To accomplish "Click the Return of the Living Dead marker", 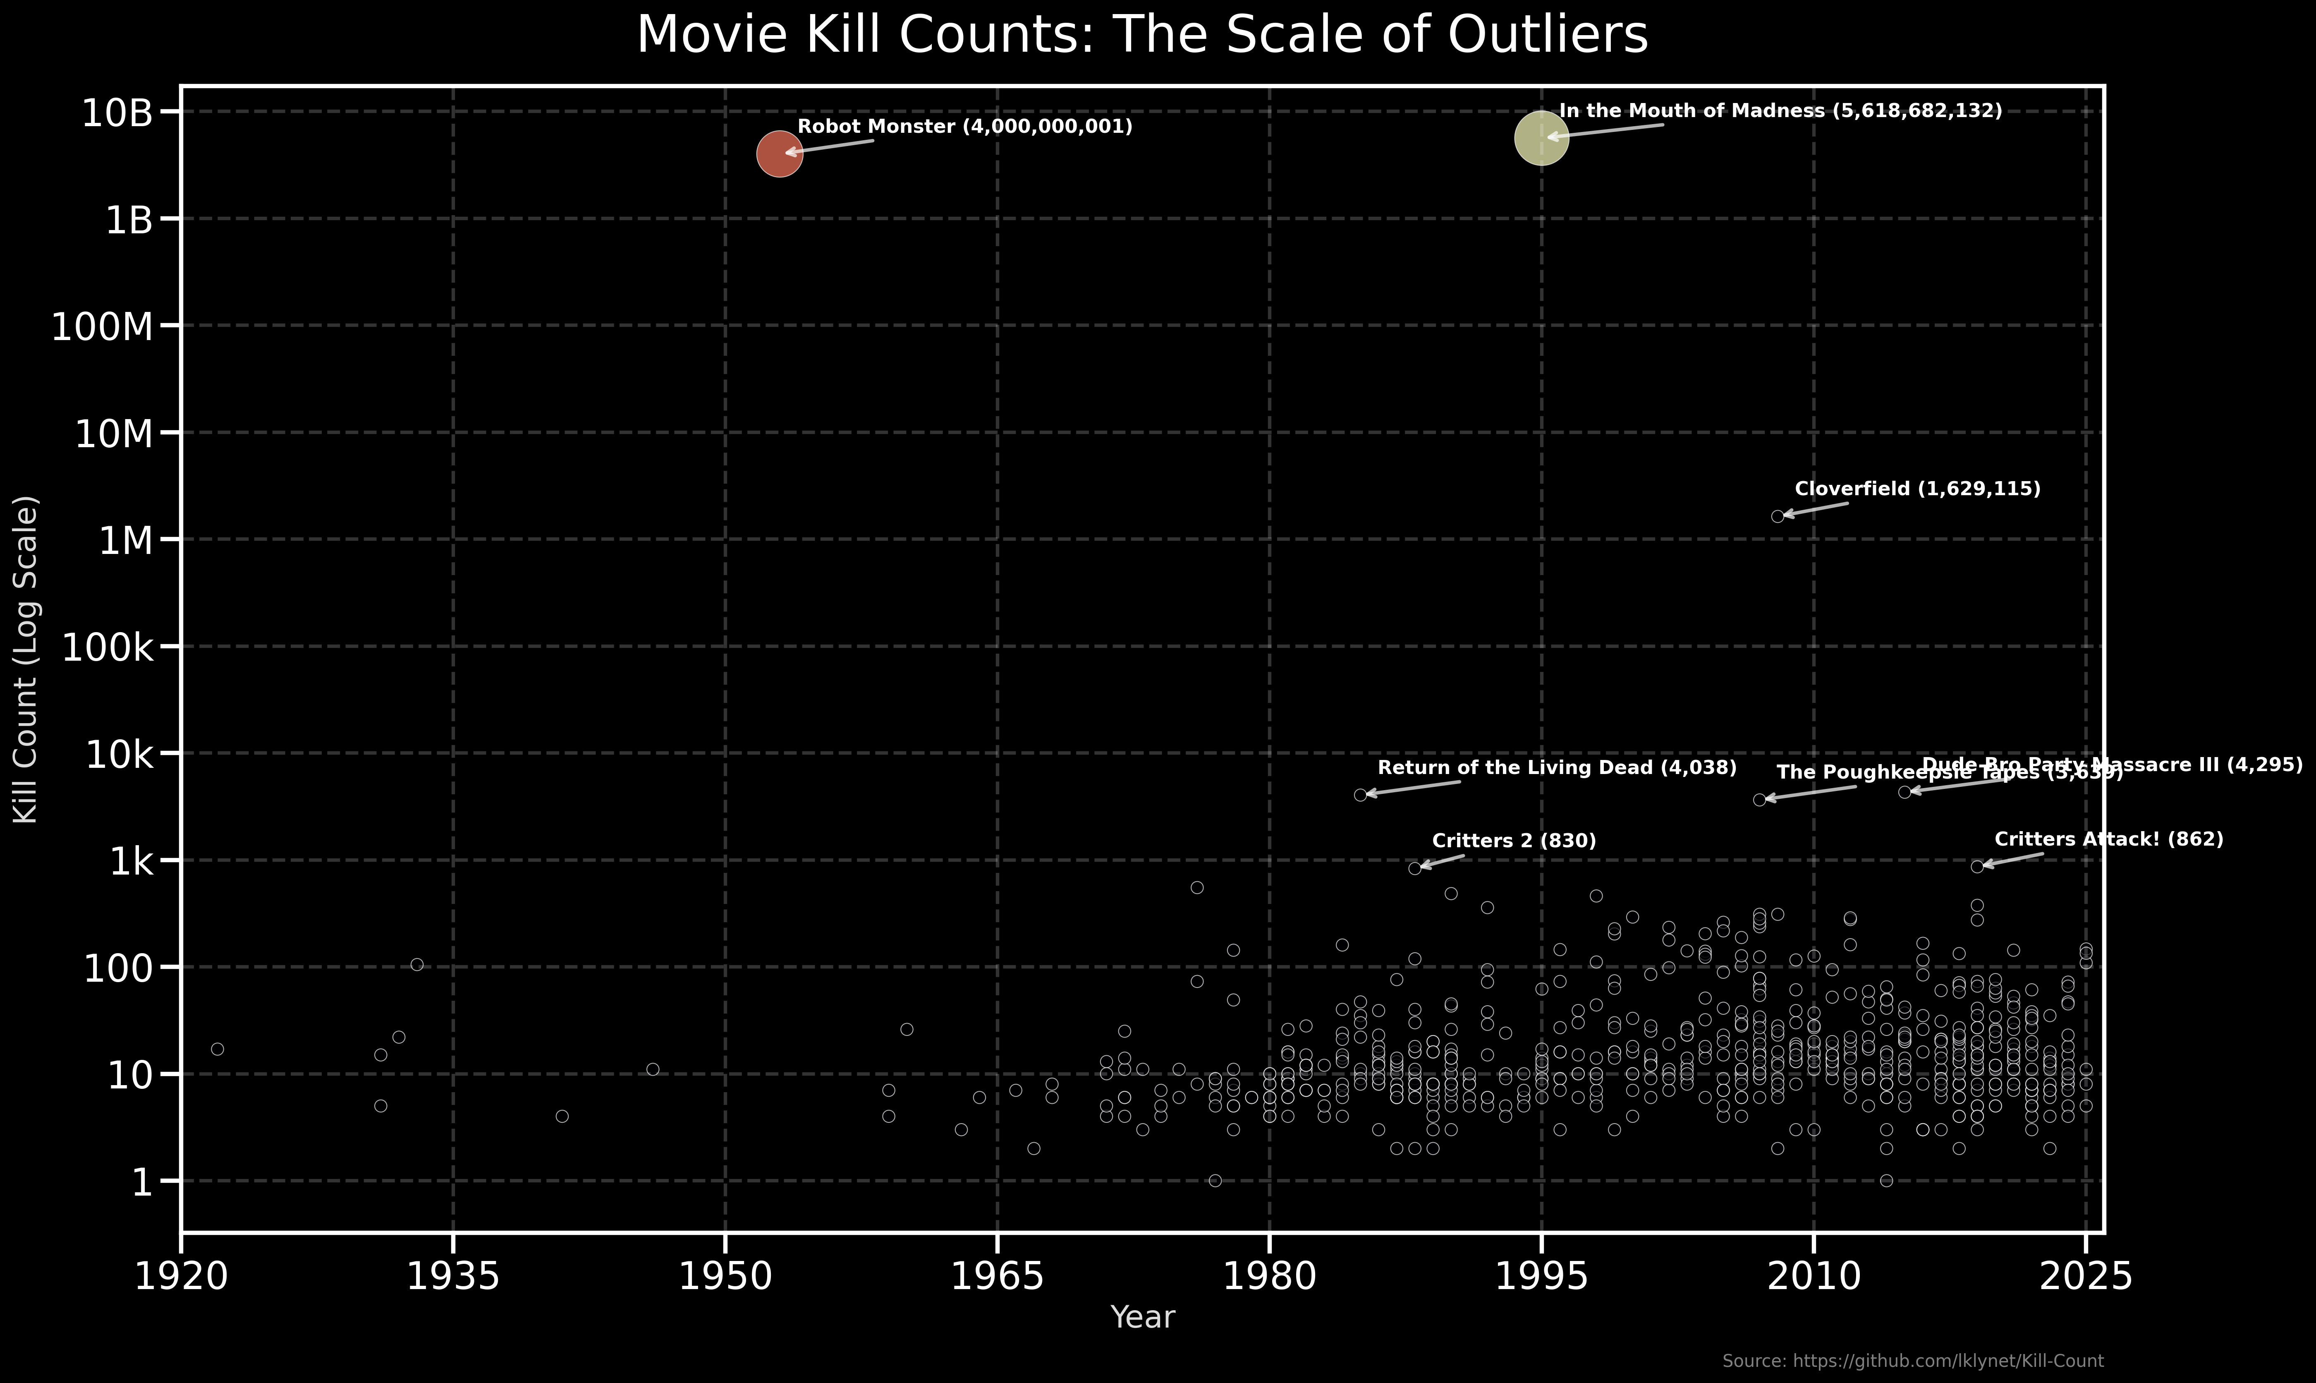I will click(x=1360, y=795).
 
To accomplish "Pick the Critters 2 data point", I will click(x=1414, y=868).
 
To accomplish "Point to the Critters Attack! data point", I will click(x=1977, y=866).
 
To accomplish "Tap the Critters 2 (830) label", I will click(x=1514, y=841).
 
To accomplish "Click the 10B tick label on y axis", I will click(x=117, y=113).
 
